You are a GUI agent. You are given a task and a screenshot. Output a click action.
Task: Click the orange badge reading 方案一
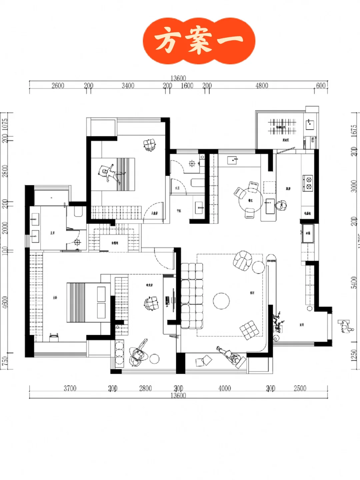pos(199,41)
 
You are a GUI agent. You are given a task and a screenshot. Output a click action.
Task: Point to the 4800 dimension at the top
pos(262,86)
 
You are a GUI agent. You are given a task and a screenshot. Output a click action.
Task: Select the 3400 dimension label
pos(128,86)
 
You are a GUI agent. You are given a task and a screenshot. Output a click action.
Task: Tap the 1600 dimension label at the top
pos(187,86)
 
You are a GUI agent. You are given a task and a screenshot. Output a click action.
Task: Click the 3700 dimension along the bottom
pos(70,388)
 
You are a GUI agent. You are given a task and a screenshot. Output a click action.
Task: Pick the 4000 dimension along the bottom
pos(225,388)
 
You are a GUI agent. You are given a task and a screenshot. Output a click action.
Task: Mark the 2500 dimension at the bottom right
pos(300,388)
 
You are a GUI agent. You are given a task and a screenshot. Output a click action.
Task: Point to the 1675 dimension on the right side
pos(354,130)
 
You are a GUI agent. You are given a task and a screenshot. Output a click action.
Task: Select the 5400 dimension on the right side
pos(354,282)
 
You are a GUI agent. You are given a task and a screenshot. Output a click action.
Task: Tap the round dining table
pos(250,199)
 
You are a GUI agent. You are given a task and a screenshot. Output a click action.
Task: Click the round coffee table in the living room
pos(221,301)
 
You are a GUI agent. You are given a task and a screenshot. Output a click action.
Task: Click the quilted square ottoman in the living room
pos(249,330)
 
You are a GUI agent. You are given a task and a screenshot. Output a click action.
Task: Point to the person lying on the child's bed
pos(110,173)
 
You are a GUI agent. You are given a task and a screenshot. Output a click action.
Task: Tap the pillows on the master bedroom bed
pos(101,302)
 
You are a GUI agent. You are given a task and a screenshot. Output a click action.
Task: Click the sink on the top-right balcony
pos(310,124)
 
